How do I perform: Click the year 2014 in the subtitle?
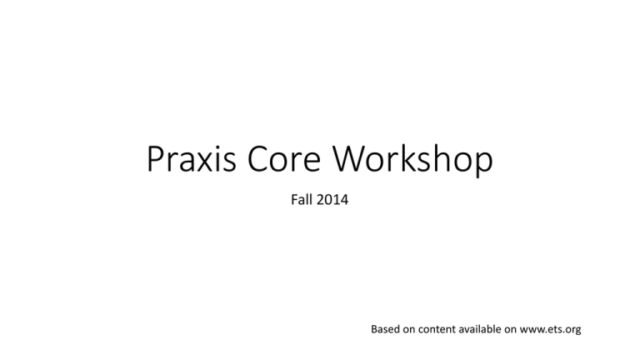[331, 201]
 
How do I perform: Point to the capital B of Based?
[374, 329]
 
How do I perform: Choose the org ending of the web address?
[572, 331]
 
